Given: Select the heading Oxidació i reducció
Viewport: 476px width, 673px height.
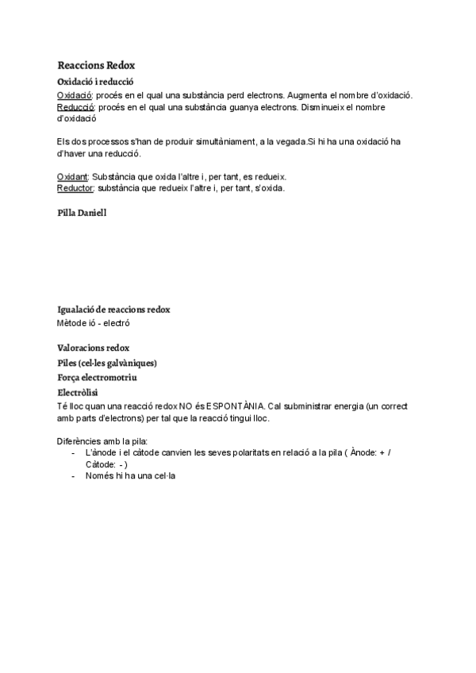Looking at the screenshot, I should (95, 82).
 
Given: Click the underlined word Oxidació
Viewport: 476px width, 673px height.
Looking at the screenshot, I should (75, 95).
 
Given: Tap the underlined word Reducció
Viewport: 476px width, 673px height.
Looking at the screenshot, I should (76, 107).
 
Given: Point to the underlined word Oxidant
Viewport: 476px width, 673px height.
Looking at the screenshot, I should (73, 176).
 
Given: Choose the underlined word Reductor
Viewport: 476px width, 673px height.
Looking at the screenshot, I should (75, 188).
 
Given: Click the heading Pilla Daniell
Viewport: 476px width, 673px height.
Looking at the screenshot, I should (82, 213).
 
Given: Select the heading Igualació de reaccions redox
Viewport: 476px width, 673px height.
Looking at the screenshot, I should (113, 309).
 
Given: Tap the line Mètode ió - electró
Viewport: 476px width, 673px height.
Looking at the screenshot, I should (93, 323).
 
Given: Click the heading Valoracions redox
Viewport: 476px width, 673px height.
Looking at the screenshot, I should (94, 348).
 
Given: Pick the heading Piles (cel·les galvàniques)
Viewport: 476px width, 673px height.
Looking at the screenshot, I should (107, 363).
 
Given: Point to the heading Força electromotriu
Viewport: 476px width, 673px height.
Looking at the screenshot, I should (97, 378).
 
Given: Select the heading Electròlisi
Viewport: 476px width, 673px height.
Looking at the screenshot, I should (79, 392).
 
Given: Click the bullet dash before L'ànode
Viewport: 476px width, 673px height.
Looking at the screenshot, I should (73, 452).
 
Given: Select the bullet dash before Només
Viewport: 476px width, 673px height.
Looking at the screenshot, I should (73, 476).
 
